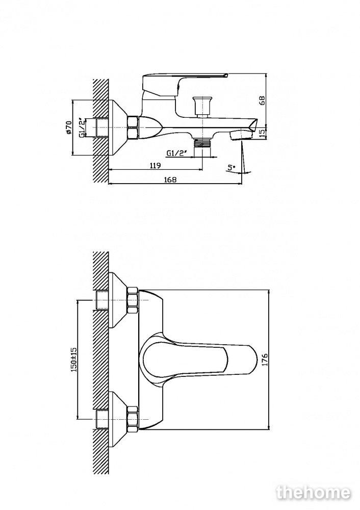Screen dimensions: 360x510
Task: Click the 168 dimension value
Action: pyautogui.click(x=170, y=179)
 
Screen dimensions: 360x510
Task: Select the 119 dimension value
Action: pyautogui.click(x=156, y=166)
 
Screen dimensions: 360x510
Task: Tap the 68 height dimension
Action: pyautogui.click(x=263, y=100)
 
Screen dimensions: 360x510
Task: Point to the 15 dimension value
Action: pyautogui.click(x=263, y=134)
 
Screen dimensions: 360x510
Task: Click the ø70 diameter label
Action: pyautogui.click(x=68, y=127)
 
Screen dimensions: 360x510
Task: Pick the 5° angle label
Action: pyautogui.click(x=232, y=168)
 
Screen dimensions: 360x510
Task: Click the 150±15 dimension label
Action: pyautogui.click(x=73, y=360)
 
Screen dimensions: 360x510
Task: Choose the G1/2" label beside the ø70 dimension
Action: pyautogui.click(x=83, y=128)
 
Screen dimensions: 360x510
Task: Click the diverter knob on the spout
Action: pyautogui.click(x=200, y=106)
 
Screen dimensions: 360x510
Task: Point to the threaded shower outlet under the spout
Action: pyautogui.click(x=201, y=142)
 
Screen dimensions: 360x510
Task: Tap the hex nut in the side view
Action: pyautogui.click(x=133, y=127)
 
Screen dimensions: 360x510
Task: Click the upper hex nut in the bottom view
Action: pyautogui.click(x=133, y=300)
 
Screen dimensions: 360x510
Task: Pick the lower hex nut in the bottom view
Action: pyautogui.click(x=133, y=419)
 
